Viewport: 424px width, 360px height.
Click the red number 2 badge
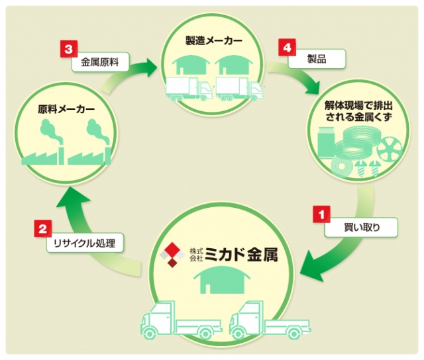click(x=42, y=230)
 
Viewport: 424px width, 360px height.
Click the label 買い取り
click(x=361, y=228)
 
